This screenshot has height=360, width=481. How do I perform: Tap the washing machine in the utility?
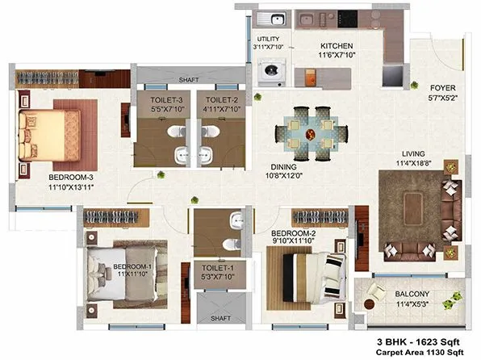point(270,71)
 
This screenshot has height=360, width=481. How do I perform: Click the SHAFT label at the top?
point(189,80)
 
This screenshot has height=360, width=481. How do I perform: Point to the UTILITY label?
point(267,39)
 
